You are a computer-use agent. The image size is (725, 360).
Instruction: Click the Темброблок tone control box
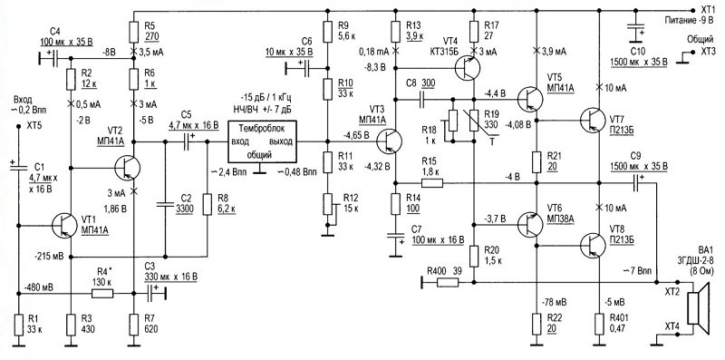tap(262, 142)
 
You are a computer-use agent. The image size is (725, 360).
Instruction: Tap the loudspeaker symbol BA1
tap(700, 308)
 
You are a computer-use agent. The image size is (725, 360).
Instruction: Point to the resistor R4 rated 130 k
tap(102, 294)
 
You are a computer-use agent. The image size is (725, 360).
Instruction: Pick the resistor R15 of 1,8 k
tap(432, 183)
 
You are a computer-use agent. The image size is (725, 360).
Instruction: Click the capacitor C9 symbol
tap(638, 183)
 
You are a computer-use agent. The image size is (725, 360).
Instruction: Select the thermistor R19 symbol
tap(475, 120)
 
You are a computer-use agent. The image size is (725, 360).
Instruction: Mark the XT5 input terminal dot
tap(18, 126)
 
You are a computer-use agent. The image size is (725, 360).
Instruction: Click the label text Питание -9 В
tap(686, 21)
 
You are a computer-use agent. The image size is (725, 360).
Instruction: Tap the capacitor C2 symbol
tap(164, 204)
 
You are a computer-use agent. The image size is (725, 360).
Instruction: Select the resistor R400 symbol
tap(448, 282)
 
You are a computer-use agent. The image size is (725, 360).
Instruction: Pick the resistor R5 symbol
tap(134, 33)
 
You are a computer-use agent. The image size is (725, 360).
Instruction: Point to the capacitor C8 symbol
tap(422, 99)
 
